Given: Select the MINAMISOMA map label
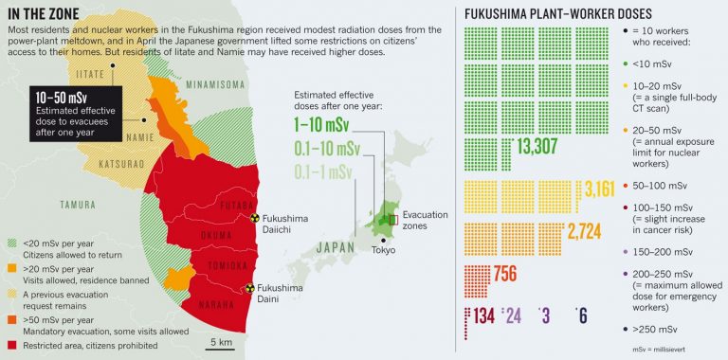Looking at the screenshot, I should click(216, 83).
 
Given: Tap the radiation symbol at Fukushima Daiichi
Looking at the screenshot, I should click(253, 217).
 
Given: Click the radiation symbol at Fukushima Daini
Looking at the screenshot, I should click(250, 286).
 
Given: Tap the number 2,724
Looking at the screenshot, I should click(584, 230).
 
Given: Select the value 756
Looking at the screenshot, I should click(505, 275).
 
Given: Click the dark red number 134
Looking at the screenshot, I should click(484, 315).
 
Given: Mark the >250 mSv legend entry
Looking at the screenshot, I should click(654, 329).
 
